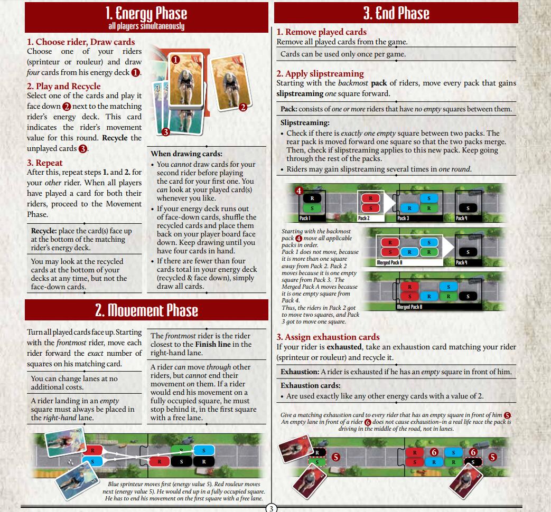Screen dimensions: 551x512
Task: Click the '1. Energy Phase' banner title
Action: (x=146, y=13)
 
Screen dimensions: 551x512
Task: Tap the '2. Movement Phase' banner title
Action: (x=146, y=310)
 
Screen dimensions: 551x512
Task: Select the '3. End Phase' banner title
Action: (x=396, y=13)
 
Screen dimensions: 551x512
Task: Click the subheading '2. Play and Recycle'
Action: (x=63, y=86)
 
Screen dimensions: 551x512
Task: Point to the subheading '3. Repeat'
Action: (x=44, y=163)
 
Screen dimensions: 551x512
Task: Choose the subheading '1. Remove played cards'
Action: (x=322, y=32)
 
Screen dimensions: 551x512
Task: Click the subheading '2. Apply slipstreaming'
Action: (x=320, y=73)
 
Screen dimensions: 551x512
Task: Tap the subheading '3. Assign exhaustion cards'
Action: (x=328, y=337)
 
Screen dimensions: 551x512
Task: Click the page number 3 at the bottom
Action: (x=271, y=508)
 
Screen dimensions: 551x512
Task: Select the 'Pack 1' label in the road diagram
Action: (x=305, y=218)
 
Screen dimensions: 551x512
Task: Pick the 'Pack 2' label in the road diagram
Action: (x=363, y=218)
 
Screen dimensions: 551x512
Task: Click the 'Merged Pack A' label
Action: (x=389, y=262)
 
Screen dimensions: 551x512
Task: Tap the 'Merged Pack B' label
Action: (x=409, y=307)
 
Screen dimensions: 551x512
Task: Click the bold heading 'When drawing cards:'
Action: (x=186, y=154)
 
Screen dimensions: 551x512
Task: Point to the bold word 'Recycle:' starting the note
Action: (x=43, y=231)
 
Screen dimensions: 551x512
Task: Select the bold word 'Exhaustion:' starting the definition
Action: (x=300, y=372)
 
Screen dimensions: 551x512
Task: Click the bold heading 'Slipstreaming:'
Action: (x=305, y=122)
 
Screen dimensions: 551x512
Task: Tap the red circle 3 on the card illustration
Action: (x=165, y=132)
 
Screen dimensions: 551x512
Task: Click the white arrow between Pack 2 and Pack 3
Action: (x=389, y=202)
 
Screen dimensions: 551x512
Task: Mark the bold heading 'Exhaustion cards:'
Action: (x=310, y=385)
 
